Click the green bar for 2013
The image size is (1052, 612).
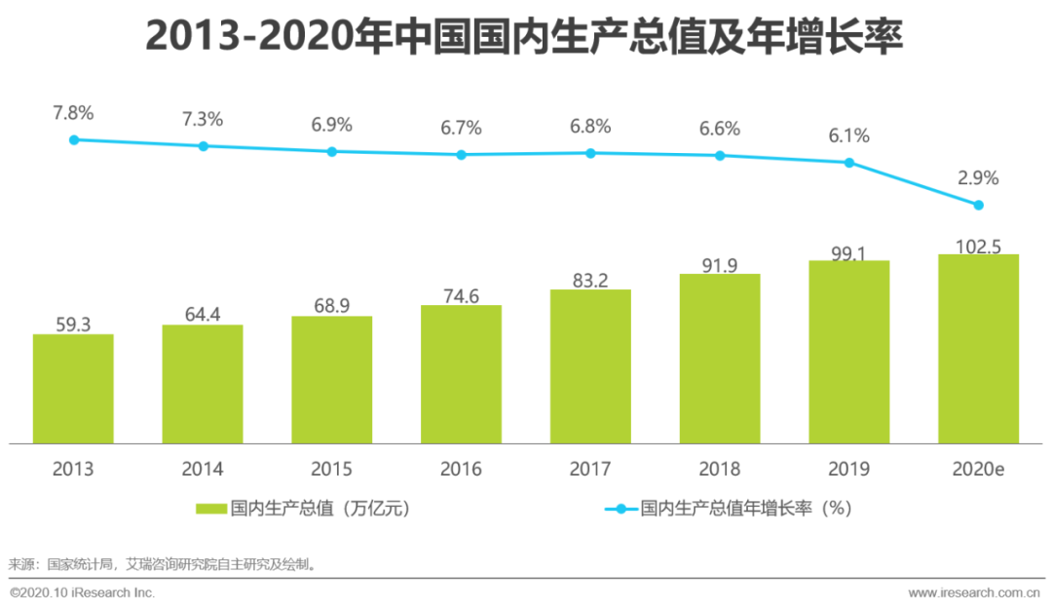(73, 389)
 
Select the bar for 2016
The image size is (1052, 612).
(461, 374)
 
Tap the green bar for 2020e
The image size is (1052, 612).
(978, 349)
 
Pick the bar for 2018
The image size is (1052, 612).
(720, 359)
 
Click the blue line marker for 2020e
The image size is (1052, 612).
(979, 205)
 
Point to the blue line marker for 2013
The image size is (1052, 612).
(73, 139)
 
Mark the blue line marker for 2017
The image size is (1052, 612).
(590, 153)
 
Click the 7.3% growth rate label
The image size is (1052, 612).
(203, 119)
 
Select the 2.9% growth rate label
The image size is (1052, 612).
(978, 177)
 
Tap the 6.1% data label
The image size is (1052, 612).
(849, 135)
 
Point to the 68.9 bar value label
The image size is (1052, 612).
(332, 306)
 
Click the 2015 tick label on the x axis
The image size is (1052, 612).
(332, 469)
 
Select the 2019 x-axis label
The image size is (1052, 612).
(849, 469)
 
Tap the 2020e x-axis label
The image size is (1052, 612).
(978, 469)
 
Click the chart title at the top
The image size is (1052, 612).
(525, 37)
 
